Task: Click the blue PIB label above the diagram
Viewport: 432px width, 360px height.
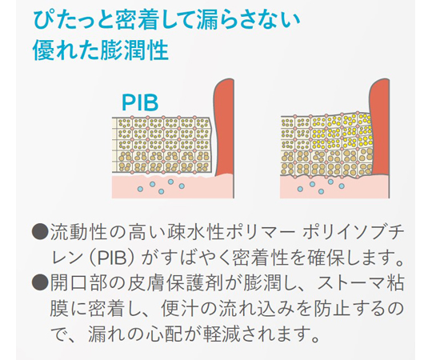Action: (140, 102)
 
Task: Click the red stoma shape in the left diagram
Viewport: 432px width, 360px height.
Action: (224, 127)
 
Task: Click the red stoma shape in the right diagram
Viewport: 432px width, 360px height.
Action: (379, 127)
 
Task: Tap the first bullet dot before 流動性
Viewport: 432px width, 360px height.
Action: (40, 232)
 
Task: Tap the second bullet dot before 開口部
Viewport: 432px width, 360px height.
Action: (40, 282)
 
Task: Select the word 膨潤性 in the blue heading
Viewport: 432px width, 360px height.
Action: (134, 50)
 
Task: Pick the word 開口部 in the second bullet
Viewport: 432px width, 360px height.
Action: (78, 283)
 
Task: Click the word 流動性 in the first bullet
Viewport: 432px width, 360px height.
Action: (78, 233)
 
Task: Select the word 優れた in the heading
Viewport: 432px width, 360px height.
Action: (66, 50)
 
